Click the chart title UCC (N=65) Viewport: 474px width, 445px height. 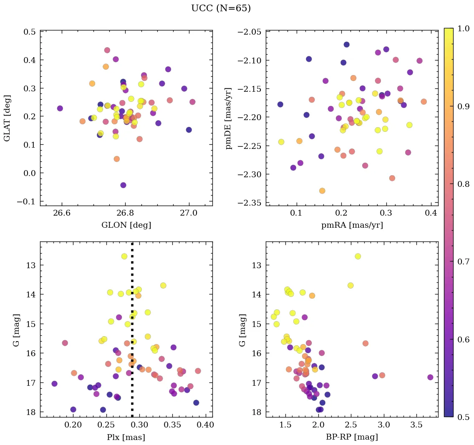coord(221,8)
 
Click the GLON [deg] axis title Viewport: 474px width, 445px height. coord(126,225)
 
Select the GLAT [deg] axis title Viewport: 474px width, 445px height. coord(8,118)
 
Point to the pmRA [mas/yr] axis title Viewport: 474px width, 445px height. coord(352,225)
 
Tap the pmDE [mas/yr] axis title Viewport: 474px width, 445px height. coord(228,118)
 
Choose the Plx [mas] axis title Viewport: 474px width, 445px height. coord(126,437)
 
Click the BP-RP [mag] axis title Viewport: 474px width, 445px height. coord(352,437)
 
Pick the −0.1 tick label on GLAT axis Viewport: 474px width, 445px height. coord(26,201)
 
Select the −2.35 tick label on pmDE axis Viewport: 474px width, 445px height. coord(249,203)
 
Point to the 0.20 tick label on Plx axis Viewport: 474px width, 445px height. coord(73,426)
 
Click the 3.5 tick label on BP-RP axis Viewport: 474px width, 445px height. coord(416,426)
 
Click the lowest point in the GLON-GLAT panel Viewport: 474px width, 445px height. coord(123,185)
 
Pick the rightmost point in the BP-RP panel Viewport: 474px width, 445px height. coord(430,377)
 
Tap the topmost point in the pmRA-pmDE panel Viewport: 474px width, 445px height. coord(346,45)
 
